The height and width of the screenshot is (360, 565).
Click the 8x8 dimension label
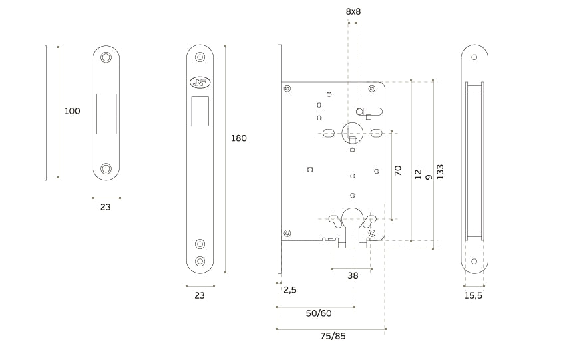tap(353, 11)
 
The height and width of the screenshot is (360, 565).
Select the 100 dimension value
tap(72, 111)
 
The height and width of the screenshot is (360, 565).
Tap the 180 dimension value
tap(238, 138)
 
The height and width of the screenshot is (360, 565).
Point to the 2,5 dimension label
tap(289, 290)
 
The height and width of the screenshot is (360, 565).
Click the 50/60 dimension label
tap(318, 313)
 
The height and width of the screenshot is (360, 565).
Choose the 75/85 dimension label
tap(333, 335)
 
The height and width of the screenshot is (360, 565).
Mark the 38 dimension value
tap(353, 275)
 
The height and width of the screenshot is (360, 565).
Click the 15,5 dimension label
tap(472, 295)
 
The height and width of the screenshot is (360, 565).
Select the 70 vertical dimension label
tap(398, 170)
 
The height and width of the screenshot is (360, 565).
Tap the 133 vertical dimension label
tap(440, 171)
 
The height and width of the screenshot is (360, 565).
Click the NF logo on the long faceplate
tap(200, 83)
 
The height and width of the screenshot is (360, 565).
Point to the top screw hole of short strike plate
tap(106, 59)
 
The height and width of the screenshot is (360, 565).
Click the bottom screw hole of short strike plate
tap(106, 167)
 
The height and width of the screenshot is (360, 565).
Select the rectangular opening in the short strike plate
tap(106, 113)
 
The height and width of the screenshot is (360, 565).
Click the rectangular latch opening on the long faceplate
tap(200, 111)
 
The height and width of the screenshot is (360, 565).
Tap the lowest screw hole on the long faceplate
tap(200, 261)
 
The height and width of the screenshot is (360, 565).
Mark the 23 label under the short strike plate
tap(106, 207)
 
